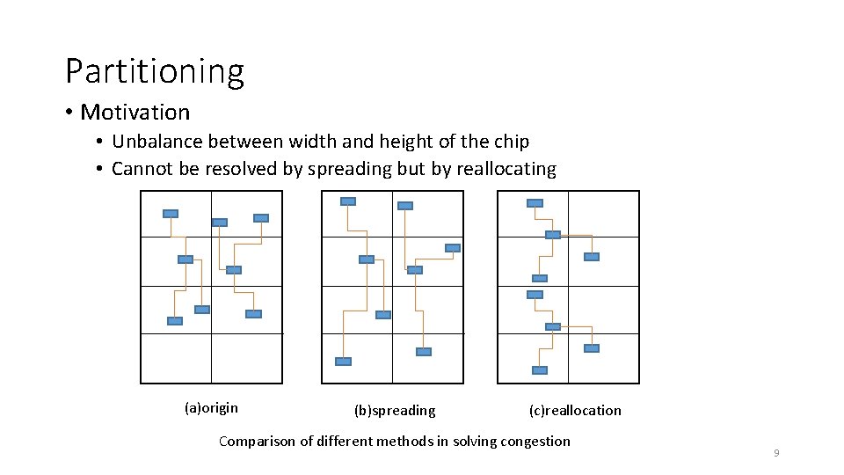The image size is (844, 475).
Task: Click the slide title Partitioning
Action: coord(155,71)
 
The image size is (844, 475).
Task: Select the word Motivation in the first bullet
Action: coord(135,113)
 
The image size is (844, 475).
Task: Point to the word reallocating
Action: coord(506,169)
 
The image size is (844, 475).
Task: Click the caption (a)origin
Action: coord(211,407)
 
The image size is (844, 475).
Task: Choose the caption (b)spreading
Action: coord(394,410)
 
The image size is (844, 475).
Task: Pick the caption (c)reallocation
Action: coord(574,410)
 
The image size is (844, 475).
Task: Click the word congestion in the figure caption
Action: coord(534,441)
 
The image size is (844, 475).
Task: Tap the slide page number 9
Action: coord(776,453)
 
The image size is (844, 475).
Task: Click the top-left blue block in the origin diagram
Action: coord(171,214)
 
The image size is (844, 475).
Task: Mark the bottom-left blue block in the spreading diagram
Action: coord(343,362)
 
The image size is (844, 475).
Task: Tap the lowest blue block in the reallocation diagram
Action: coord(540,370)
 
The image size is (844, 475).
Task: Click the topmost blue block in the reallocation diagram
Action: coord(535,203)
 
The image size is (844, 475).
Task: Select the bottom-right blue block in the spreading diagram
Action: coord(424,352)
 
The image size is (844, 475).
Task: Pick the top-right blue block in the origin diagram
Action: coord(261,218)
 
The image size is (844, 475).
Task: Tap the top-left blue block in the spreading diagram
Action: coord(348,201)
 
